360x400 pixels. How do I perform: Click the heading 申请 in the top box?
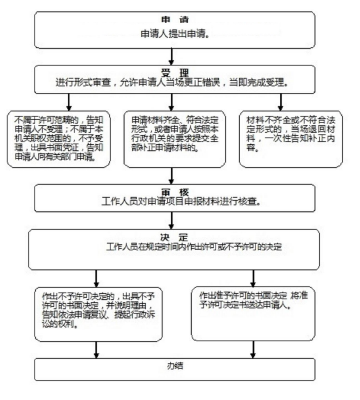[x=175, y=19]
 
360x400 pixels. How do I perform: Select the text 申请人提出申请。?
[x=175, y=34]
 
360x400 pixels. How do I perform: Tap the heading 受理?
[x=175, y=73]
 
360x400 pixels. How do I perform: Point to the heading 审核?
[x=175, y=192]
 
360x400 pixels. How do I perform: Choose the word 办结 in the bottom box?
[x=175, y=366]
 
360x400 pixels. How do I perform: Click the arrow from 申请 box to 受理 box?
[x=172, y=56]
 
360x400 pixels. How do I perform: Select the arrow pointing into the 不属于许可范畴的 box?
[x=69, y=102]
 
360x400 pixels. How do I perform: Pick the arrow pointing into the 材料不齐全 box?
[x=281, y=102]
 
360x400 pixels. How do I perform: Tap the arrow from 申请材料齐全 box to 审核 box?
[x=172, y=176]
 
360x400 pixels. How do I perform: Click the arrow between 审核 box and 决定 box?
[x=172, y=220]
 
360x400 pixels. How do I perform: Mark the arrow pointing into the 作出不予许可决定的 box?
[x=96, y=278]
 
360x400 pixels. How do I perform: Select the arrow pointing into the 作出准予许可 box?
[x=253, y=278]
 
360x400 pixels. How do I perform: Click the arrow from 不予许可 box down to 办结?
[x=96, y=350]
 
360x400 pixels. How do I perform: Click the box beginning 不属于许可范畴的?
[x=59, y=139]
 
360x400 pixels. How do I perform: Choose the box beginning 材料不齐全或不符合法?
[x=291, y=139]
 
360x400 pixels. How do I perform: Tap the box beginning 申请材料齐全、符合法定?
[x=175, y=139]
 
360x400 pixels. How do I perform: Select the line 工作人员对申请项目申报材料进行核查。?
[x=181, y=201]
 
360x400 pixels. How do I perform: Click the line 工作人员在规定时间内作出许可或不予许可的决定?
[x=194, y=247]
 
